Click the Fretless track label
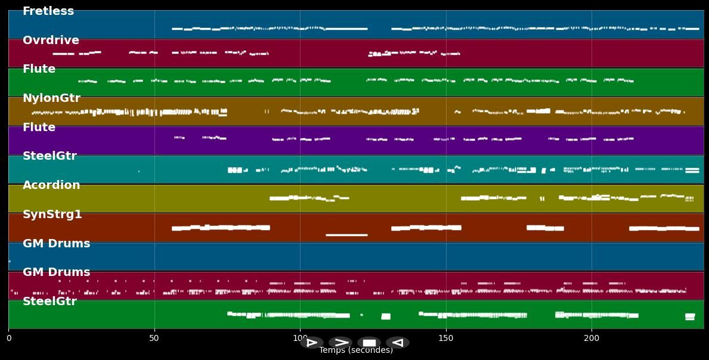point(48,11)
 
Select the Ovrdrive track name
point(51,41)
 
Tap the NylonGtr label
point(51,98)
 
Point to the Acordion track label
point(51,185)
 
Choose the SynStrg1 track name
point(52,215)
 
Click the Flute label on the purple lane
point(39,128)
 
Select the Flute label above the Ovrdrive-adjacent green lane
point(39,69)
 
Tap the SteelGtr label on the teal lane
point(49,156)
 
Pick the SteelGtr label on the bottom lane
point(49,302)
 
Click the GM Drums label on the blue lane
point(56,244)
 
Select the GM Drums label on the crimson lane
point(56,272)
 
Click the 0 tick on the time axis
point(8,339)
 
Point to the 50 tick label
point(154,339)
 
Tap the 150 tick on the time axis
point(446,339)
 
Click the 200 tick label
point(592,339)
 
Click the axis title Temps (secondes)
point(356,350)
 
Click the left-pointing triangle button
point(397,343)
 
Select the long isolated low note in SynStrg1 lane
point(346,235)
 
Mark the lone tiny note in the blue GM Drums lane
point(10,261)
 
